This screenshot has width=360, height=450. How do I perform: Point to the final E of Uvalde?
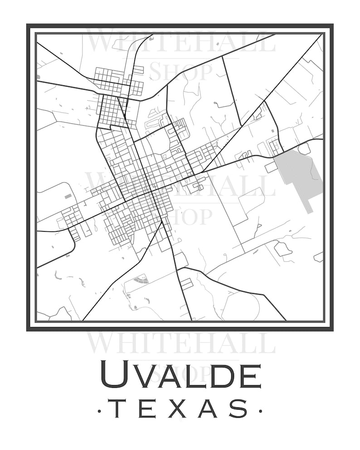click(x=250, y=376)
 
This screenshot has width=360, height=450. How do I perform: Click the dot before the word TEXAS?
click(x=99, y=411)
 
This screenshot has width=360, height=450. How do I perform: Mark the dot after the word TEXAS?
click(x=260, y=411)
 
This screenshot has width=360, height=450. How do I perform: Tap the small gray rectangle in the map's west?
click(x=68, y=196)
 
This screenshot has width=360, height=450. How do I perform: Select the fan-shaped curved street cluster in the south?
click(x=142, y=279)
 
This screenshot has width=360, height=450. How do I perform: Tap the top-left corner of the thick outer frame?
click(x=28, y=25)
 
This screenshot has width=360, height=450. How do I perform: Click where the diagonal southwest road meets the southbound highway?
click(x=162, y=221)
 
